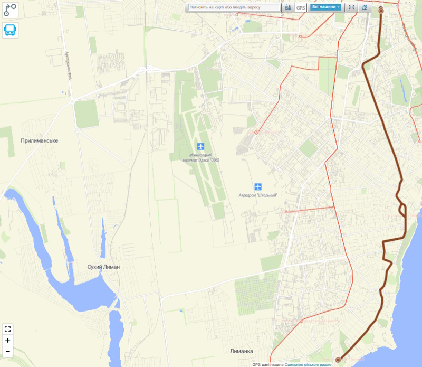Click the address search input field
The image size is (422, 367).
234,8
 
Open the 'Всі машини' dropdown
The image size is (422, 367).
325,7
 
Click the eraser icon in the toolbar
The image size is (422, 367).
364,8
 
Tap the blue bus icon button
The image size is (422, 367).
10,30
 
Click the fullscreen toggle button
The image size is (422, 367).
8,328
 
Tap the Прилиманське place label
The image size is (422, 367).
39,141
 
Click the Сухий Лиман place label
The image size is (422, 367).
103,267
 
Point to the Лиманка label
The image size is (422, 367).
242,351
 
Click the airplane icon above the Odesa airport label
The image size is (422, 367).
200,146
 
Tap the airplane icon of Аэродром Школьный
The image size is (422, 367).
258,186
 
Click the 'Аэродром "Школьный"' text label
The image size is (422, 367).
258,195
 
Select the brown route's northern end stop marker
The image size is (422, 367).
381,10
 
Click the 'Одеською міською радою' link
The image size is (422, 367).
308,364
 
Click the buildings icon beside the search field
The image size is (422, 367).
288,8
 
